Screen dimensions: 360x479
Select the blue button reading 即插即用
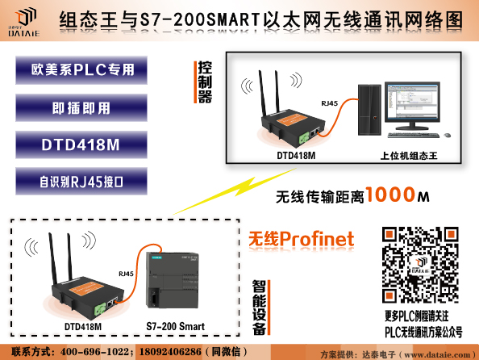pyautogui.click(x=81, y=108)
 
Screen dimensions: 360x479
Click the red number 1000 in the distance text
pyautogui.click(x=390, y=195)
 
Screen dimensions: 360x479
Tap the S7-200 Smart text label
pyautogui.click(x=174, y=327)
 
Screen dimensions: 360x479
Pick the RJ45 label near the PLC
pyautogui.click(x=126, y=274)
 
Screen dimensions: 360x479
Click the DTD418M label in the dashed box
pyautogui.click(x=83, y=327)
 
